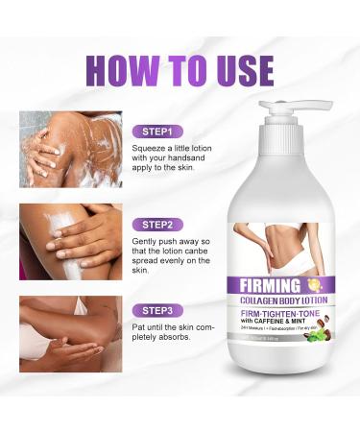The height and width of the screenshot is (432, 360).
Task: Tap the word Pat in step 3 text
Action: coord(142,331)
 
